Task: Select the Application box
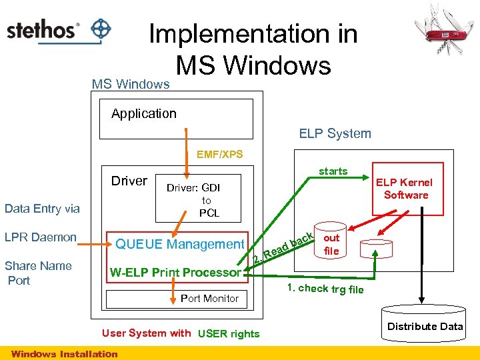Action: pos(176,118)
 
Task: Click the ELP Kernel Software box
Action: pos(406,189)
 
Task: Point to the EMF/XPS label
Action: pos(219,155)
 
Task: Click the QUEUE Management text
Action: pos(180,245)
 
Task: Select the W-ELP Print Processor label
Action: pos(175,272)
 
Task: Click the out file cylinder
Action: pos(331,245)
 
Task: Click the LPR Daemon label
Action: pos(41,237)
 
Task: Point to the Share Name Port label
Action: pos(38,273)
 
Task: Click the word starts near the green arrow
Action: pos(333,171)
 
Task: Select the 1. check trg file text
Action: pos(325,288)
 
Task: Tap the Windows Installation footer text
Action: pos(64,354)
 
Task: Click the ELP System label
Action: pos(335,133)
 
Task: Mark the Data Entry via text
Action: pos(41,209)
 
